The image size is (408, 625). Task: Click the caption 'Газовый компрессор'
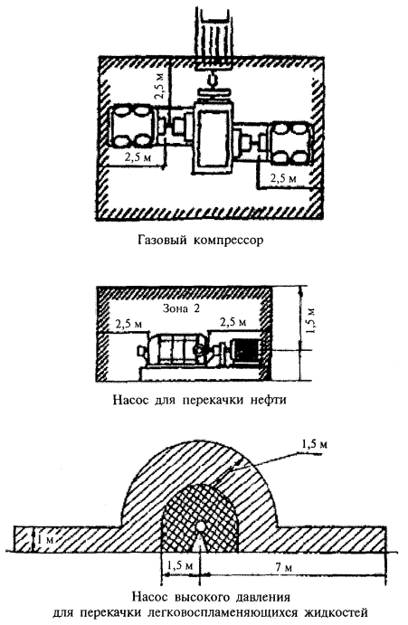(x=202, y=241)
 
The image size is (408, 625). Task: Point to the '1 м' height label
(x=44, y=540)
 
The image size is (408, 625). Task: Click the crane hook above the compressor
(x=212, y=81)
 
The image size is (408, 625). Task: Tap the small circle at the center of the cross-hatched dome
(x=200, y=527)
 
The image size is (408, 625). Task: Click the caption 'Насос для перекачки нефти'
(x=199, y=400)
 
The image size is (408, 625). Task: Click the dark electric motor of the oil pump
(x=246, y=349)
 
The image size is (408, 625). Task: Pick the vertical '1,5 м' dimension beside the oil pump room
(x=313, y=320)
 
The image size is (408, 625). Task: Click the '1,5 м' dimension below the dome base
(x=180, y=565)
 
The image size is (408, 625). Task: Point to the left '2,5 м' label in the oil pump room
(x=128, y=324)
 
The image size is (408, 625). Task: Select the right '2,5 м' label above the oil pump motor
(x=232, y=321)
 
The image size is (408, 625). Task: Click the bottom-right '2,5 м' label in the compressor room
(x=283, y=178)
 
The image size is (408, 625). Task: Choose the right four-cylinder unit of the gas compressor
(x=291, y=144)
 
